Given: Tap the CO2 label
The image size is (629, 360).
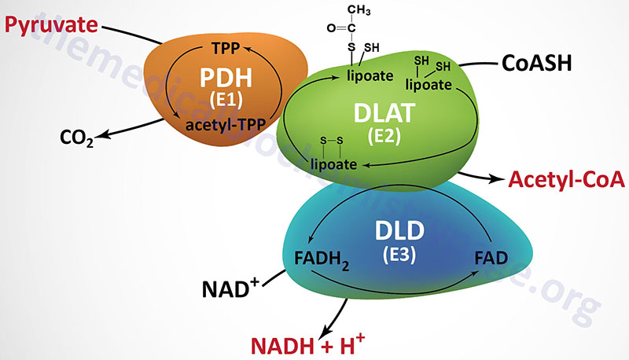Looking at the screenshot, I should (x=77, y=139).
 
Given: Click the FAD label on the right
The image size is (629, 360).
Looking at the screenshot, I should (x=492, y=255).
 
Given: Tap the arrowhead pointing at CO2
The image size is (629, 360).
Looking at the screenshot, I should (x=103, y=138).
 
